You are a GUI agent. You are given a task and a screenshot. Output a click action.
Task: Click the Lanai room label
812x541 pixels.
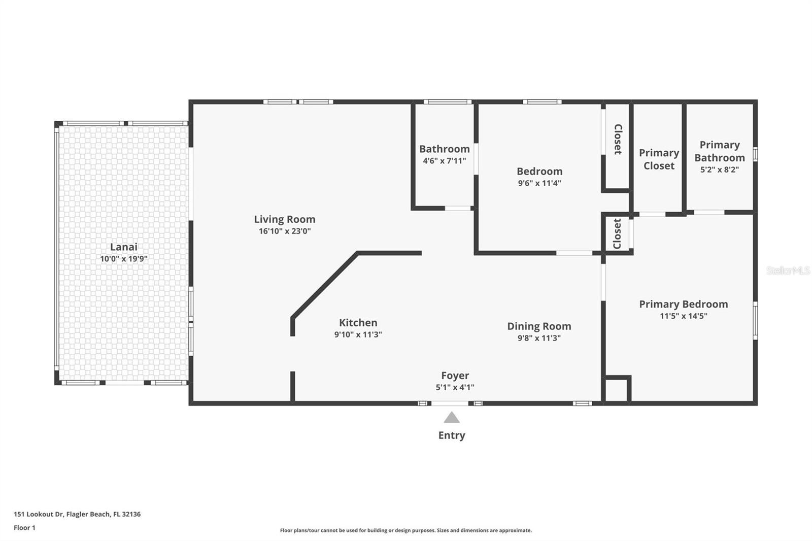[x=124, y=247]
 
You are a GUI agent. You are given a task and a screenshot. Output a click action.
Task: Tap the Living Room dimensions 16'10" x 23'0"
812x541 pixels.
[x=285, y=231]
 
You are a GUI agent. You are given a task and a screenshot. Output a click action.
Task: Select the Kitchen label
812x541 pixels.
[x=358, y=323]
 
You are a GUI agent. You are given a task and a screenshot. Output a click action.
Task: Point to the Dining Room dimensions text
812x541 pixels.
[x=539, y=338]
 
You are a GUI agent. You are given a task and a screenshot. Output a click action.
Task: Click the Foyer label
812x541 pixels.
[x=455, y=376]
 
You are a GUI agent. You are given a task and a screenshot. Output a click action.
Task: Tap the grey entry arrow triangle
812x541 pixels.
[x=452, y=418]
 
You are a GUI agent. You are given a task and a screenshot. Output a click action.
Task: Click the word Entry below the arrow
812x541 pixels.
[x=452, y=435]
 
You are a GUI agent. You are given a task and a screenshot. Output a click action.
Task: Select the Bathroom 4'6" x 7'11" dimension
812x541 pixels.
[x=444, y=161]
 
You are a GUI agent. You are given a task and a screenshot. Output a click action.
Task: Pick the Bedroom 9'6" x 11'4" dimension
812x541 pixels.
[x=539, y=183]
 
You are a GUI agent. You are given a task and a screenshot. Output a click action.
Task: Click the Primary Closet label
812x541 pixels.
[x=659, y=159]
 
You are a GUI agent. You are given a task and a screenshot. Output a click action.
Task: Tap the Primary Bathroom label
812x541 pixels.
[x=720, y=151]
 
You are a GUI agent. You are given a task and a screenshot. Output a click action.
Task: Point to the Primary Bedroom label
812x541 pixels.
[x=683, y=304]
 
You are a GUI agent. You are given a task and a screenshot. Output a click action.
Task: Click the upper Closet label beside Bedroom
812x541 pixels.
[x=618, y=139]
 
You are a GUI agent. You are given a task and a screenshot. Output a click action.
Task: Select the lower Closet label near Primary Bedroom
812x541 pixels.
[x=617, y=234]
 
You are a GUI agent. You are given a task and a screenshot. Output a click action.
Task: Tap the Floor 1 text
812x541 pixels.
[x=24, y=528]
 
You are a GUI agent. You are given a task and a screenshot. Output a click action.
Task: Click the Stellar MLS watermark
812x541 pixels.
[x=788, y=270]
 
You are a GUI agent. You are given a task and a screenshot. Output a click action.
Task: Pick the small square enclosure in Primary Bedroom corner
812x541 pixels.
[x=616, y=390]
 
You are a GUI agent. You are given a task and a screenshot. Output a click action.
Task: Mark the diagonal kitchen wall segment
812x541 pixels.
[x=325, y=286]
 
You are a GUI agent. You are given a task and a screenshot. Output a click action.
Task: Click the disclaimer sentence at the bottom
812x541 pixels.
[x=406, y=530]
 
